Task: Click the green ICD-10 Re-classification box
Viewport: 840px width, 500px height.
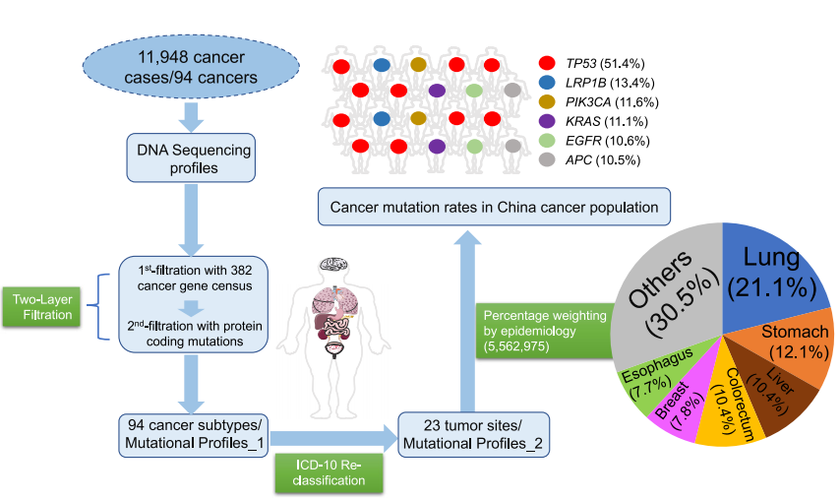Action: pos(330,471)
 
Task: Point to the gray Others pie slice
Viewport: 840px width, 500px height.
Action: pos(669,290)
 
